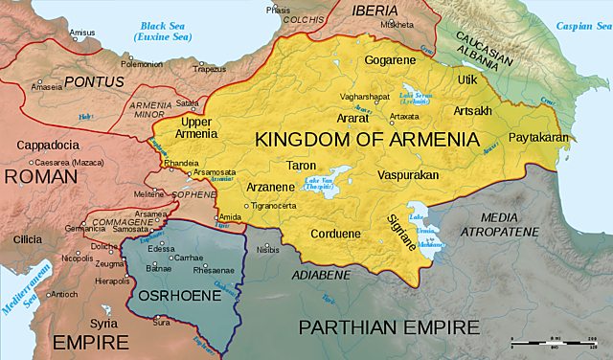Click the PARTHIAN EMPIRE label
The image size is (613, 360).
[388, 326]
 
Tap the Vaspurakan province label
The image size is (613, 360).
[407, 176]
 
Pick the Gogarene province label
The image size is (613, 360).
[390, 60]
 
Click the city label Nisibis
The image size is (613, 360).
[269, 249]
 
